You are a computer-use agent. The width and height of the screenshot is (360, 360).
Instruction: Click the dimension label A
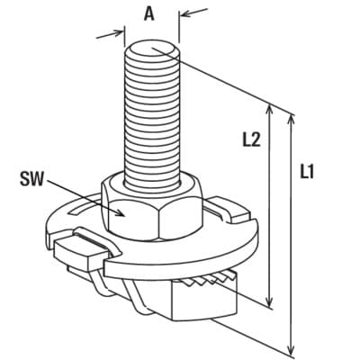coord(149,13)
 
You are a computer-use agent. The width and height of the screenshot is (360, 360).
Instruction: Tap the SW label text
coord(31,179)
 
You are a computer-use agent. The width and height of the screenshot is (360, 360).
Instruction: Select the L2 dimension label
coord(251,139)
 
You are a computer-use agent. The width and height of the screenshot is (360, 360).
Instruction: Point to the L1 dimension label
coord(307,173)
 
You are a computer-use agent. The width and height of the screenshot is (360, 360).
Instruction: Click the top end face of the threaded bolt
coord(152,49)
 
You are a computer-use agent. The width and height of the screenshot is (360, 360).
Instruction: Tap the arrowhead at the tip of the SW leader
coord(121,212)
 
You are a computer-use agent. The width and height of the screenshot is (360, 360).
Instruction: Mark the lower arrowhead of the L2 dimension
coord(270,300)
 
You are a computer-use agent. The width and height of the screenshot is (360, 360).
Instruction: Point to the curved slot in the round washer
coord(83,209)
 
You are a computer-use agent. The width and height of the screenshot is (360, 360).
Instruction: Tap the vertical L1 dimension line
coord(290,234)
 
